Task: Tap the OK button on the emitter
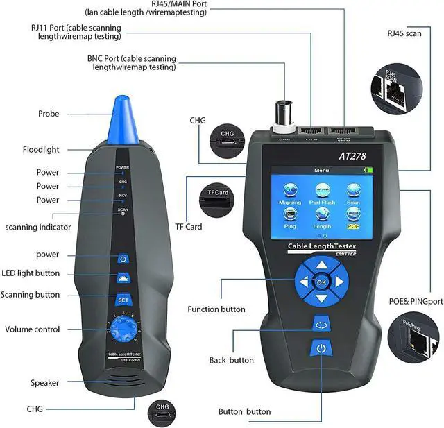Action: coord(321,282)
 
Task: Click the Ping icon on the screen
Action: coord(290,217)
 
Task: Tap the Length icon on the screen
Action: coord(322,217)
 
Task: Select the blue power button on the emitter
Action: coord(321,348)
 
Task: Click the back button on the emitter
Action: coord(321,323)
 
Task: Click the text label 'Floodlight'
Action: coord(60,149)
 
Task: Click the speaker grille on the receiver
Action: coord(121,382)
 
